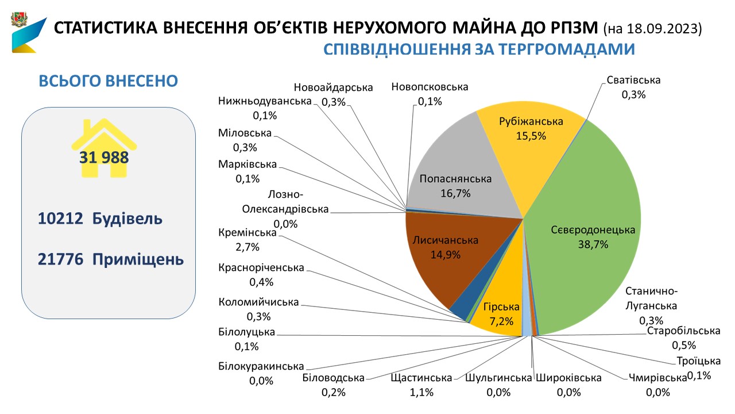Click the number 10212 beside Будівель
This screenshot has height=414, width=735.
pos(59,219)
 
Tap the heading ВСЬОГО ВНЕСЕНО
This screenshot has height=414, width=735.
pos(108,81)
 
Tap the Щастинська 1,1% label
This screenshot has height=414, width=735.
pos(421,385)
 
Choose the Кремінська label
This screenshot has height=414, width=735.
pos(247,240)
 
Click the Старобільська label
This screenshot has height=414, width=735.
pos(683,338)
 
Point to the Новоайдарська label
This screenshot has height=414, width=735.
pos(333,94)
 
